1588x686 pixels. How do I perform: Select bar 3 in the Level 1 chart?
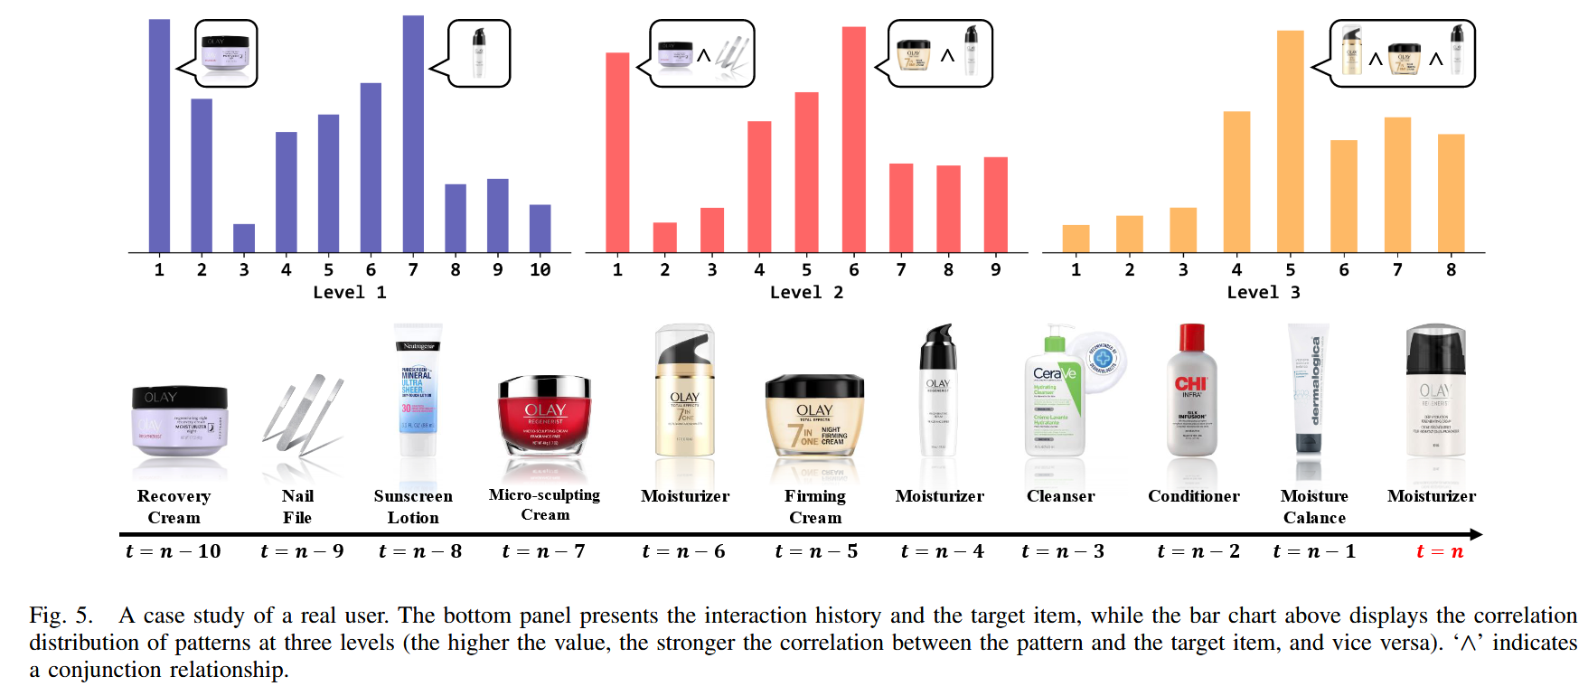click(244, 239)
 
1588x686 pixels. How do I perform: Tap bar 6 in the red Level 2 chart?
click(854, 140)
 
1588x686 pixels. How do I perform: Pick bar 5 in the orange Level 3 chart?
click(1290, 142)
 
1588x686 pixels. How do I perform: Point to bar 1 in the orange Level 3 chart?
click(1076, 239)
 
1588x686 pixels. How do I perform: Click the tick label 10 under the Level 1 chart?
click(540, 269)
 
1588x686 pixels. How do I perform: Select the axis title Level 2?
click(806, 292)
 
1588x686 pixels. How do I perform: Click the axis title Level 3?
click(1263, 292)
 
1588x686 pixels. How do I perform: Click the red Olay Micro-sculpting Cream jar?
click(545, 416)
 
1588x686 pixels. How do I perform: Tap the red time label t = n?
click(1440, 551)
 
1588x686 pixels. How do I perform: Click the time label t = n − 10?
click(173, 551)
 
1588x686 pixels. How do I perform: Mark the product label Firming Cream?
click(815, 506)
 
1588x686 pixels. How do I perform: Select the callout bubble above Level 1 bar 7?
click(479, 53)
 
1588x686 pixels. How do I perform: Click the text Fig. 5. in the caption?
click(61, 616)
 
